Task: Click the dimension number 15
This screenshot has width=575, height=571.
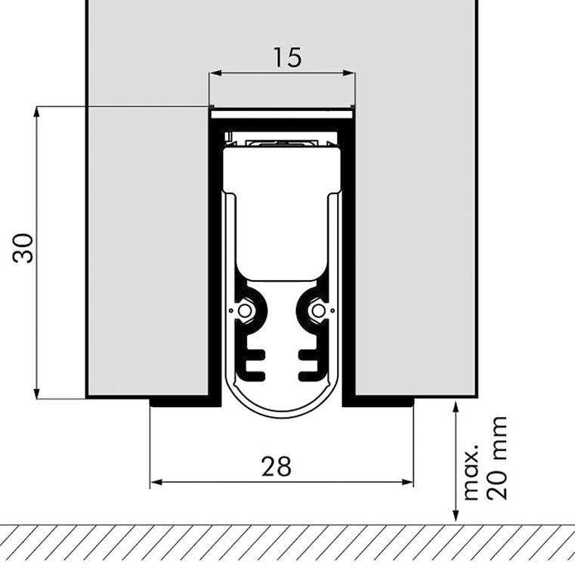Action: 287,57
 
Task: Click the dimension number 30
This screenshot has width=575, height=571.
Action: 23,248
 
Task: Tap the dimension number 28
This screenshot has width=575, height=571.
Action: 277,467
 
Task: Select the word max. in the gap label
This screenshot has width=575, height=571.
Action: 471,473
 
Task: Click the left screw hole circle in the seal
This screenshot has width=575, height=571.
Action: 245,311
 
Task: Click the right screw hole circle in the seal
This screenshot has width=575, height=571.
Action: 318,311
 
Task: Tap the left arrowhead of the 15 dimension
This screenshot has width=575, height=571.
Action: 215,73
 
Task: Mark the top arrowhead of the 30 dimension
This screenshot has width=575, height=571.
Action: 36,112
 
